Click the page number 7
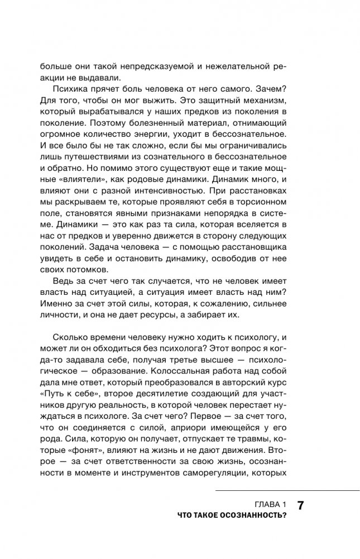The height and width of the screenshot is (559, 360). (300, 507)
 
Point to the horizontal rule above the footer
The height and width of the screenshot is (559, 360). (287, 491)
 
